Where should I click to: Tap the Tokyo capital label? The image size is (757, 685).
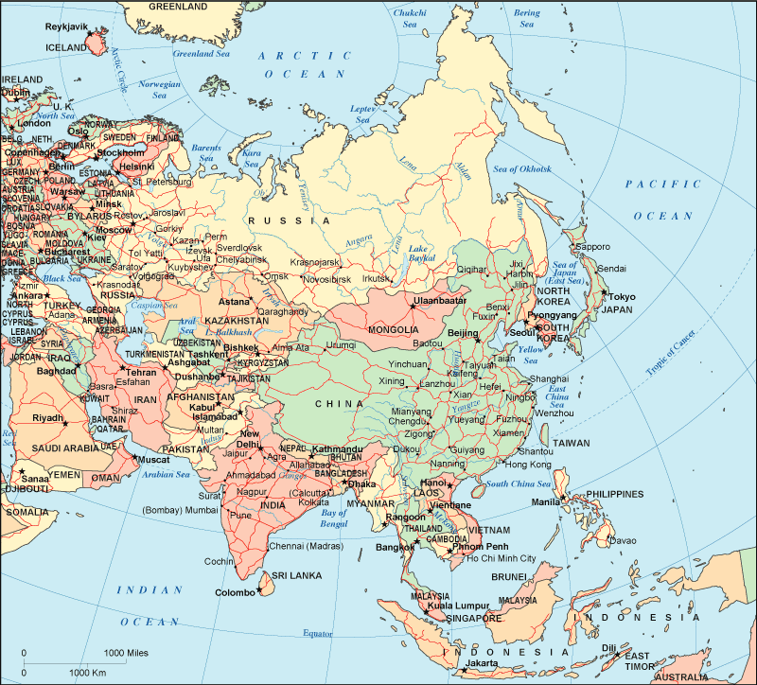click(x=622, y=296)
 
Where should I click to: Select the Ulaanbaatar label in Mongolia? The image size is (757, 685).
click(x=441, y=301)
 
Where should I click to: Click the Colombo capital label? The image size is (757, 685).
click(x=235, y=592)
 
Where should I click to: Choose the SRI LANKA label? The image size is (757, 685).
click(x=298, y=575)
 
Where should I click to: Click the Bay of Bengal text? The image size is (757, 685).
click(x=333, y=517)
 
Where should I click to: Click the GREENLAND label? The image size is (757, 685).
click(x=178, y=7)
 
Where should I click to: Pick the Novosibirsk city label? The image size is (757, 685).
click(x=332, y=279)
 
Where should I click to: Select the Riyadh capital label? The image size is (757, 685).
click(x=47, y=417)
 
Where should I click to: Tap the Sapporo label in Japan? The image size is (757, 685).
click(x=593, y=246)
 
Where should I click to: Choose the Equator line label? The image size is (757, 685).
click(x=318, y=633)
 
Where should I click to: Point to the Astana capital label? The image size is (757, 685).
click(x=234, y=301)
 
